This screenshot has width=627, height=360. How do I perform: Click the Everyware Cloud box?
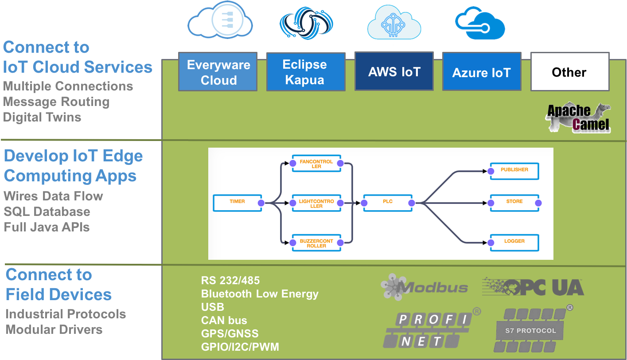pyautogui.click(x=218, y=72)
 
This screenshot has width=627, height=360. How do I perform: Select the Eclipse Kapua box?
pyautogui.click(x=306, y=72)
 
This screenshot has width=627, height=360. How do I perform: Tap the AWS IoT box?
pyautogui.click(x=394, y=71)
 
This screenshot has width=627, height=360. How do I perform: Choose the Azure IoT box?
pyautogui.click(x=482, y=71)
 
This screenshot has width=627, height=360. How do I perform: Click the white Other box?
pyautogui.click(x=570, y=72)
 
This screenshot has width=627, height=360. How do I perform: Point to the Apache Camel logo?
pyautogui.click(x=579, y=117)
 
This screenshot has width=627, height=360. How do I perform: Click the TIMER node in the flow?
pyautogui.click(x=238, y=203)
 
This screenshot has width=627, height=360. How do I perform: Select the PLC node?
pyautogui.click(x=388, y=203)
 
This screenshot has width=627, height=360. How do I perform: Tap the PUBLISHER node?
pyautogui.click(x=514, y=171)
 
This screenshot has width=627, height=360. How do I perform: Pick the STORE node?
pyautogui.click(x=514, y=203)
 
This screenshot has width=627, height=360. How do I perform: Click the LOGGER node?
pyautogui.click(x=514, y=243)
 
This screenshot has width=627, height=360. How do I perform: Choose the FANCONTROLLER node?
pyautogui.click(x=316, y=163)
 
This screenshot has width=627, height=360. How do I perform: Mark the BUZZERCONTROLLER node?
pyautogui.click(x=316, y=243)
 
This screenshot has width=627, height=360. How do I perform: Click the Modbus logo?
pyautogui.click(x=424, y=287)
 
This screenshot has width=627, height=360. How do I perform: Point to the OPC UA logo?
pyautogui.click(x=533, y=287)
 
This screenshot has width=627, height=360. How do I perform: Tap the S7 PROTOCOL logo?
pyautogui.click(x=532, y=329)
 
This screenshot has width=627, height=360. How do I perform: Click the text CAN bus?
pyautogui.click(x=224, y=320)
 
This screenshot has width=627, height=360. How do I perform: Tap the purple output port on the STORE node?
pyautogui.click(x=538, y=203)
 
